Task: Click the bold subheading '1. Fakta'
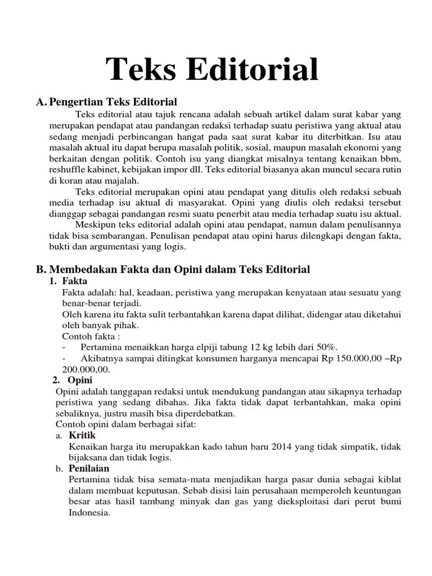(x=70, y=281)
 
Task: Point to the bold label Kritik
(x=82, y=435)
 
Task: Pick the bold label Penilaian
(x=89, y=468)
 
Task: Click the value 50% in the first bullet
(x=326, y=346)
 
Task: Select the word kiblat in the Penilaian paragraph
(x=386, y=479)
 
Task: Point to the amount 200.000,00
(x=86, y=369)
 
